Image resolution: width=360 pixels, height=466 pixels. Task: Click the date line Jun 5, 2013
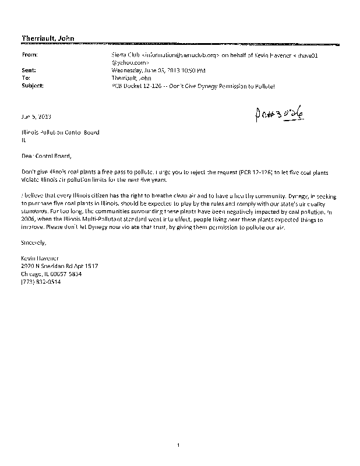[34, 115]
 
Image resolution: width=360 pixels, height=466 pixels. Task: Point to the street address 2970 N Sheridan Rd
[59, 266]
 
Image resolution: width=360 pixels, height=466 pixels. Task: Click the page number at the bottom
[180, 445]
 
